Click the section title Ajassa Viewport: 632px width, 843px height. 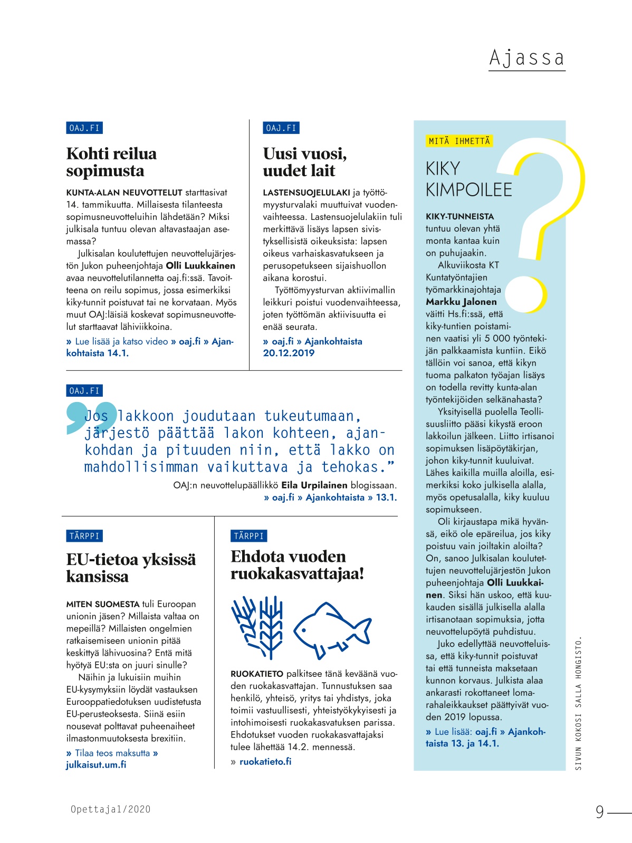pos(526,58)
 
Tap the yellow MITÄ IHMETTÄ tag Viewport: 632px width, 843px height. pos(459,141)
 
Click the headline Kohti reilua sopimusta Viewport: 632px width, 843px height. pos(111,162)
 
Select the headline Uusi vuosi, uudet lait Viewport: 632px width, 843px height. pos(304,162)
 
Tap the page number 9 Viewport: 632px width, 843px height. pos(599,811)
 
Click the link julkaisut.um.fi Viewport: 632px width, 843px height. pos(96,764)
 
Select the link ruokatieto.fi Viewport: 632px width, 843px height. pos(265,761)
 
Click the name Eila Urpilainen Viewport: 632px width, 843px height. pos(314,485)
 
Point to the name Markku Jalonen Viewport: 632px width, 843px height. pos(461,302)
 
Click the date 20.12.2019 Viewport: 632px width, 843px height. pos(289,353)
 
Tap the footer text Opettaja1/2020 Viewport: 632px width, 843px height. pos(110,809)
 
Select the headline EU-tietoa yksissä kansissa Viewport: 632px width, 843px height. pos(131,568)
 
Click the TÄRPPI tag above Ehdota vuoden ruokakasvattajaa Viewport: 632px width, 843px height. pos(248,536)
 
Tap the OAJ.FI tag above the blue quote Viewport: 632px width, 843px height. pos(84,391)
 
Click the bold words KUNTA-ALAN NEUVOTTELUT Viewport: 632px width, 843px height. pos(124,193)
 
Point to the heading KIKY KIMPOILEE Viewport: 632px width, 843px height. pos(468,179)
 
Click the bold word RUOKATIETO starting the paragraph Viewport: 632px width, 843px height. pos(257,674)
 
